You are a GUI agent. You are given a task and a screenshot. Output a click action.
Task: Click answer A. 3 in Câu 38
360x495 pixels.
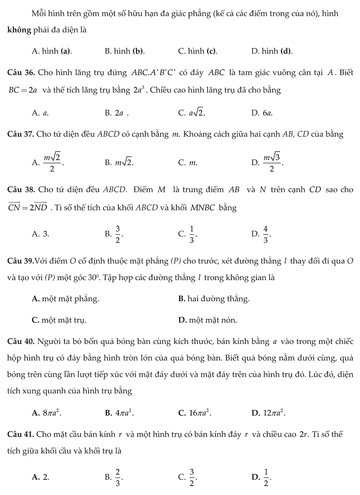click(x=40, y=234)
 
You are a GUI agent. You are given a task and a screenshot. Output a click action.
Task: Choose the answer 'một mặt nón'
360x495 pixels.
click(x=207, y=320)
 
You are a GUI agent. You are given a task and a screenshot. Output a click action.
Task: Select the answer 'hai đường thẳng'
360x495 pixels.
click(x=214, y=299)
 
